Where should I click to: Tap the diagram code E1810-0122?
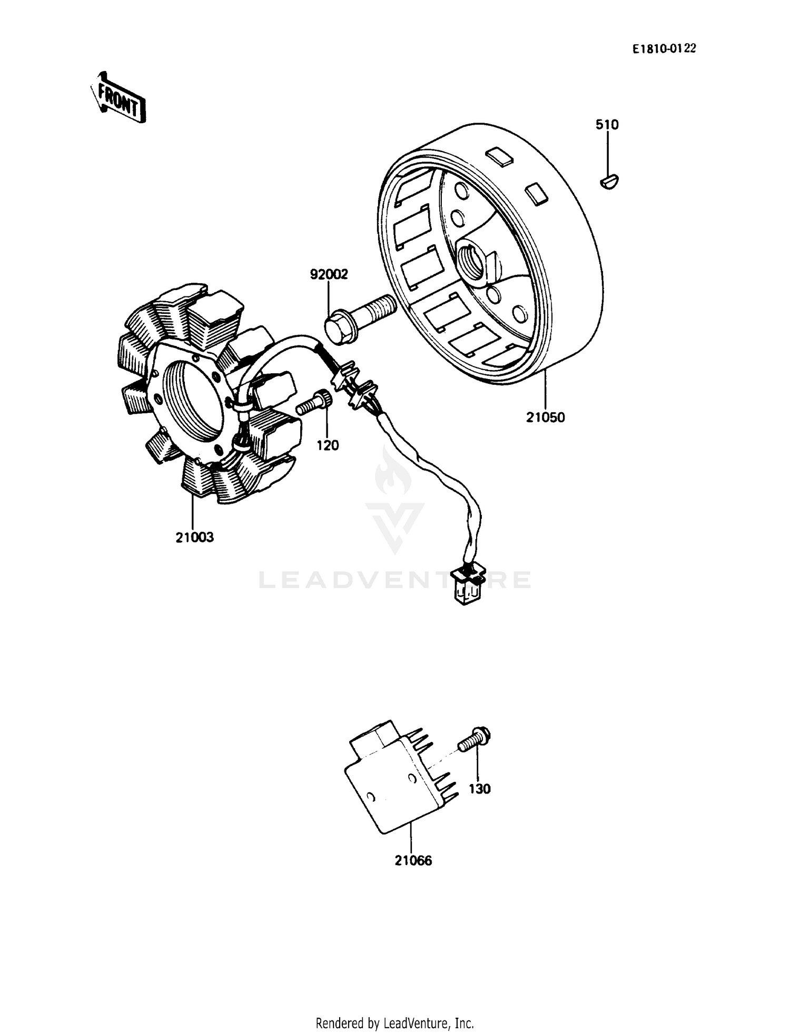coord(664,49)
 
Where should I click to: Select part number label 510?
coord(607,125)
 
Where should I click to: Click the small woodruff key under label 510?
coord(609,182)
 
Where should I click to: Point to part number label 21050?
coord(545,418)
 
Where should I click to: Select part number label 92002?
coord(329,274)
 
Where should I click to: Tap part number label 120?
coord(328,445)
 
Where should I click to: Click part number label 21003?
coord(194,538)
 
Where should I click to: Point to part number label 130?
coord(479,789)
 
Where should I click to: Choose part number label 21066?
coord(413,860)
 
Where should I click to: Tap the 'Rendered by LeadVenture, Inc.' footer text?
coord(394,1023)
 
